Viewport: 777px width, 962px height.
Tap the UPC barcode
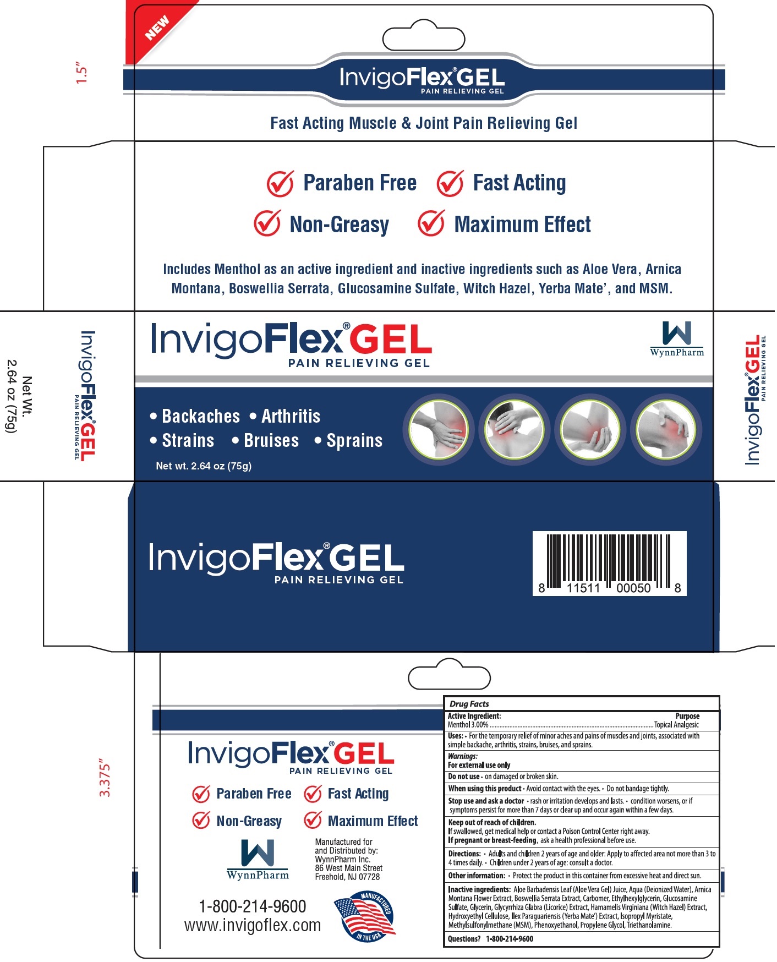pyautogui.click(x=609, y=562)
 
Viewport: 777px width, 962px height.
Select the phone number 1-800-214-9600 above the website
pyautogui.click(x=252, y=906)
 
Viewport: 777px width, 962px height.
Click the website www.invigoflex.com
pyautogui.click(x=252, y=926)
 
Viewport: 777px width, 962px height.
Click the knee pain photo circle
pyautogui.click(x=665, y=429)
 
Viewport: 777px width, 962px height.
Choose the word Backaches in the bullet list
pyautogui.click(x=201, y=417)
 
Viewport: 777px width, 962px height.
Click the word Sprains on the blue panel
pyautogui.click(x=354, y=441)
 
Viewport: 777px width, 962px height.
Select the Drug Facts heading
pyautogui.click(x=469, y=704)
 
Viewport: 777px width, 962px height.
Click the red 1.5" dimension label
pyautogui.click(x=82, y=74)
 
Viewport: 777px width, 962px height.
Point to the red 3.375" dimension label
pyautogui.click(x=105, y=780)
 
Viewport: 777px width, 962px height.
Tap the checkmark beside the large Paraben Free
pyautogui.click(x=280, y=183)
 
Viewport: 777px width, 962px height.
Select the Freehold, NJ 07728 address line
pyautogui.click(x=347, y=877)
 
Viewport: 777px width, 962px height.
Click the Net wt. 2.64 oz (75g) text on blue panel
pyautogui.click(x=204, y=466)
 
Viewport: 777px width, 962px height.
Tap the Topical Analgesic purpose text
pyautogui.click(x=676, y=725)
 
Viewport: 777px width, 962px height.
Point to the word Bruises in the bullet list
pyautogui.click(x=271, y=441)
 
